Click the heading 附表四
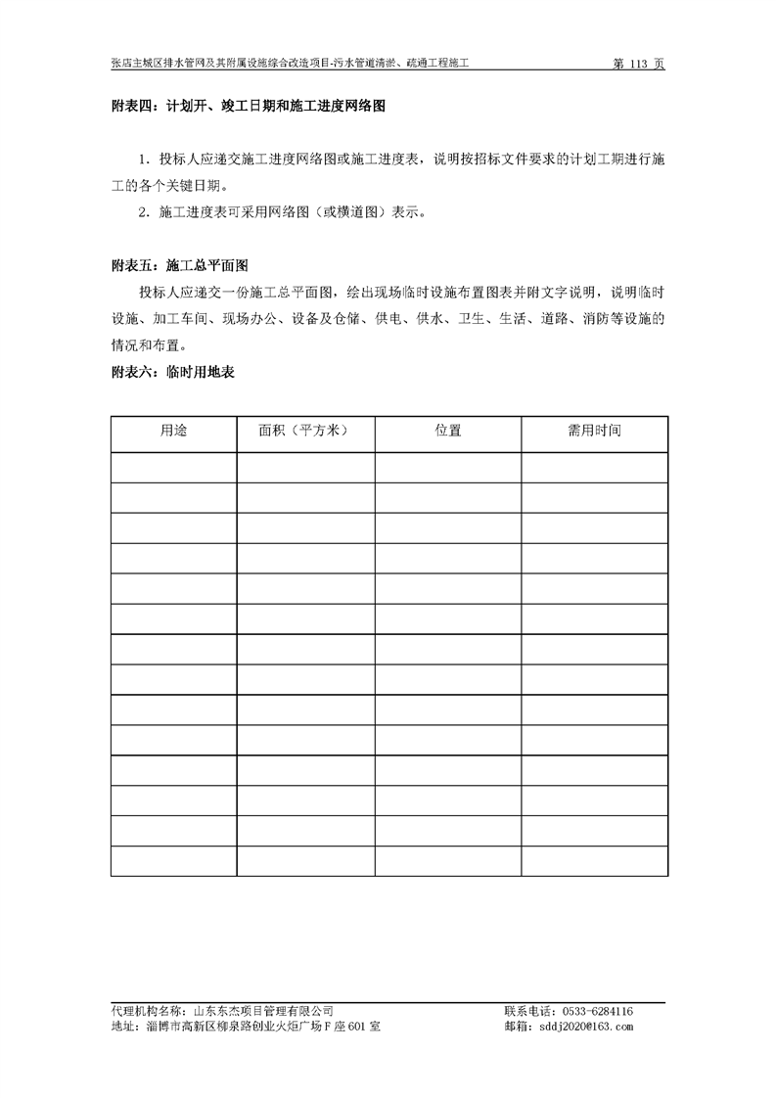click(x=130, y=106)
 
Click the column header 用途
click(x=173, y=431)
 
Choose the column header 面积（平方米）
click(x=304, y=431)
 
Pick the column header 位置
click(x=448, y=431)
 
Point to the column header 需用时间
click(x=594, y=431)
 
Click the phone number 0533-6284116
click(x=595, y=1011)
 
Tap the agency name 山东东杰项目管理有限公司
click(x=263, y=1011)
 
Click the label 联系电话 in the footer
click(x=526, y=1011)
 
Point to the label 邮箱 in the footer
click(x=517, y=1027)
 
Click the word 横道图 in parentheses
click(x=355, y=211)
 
